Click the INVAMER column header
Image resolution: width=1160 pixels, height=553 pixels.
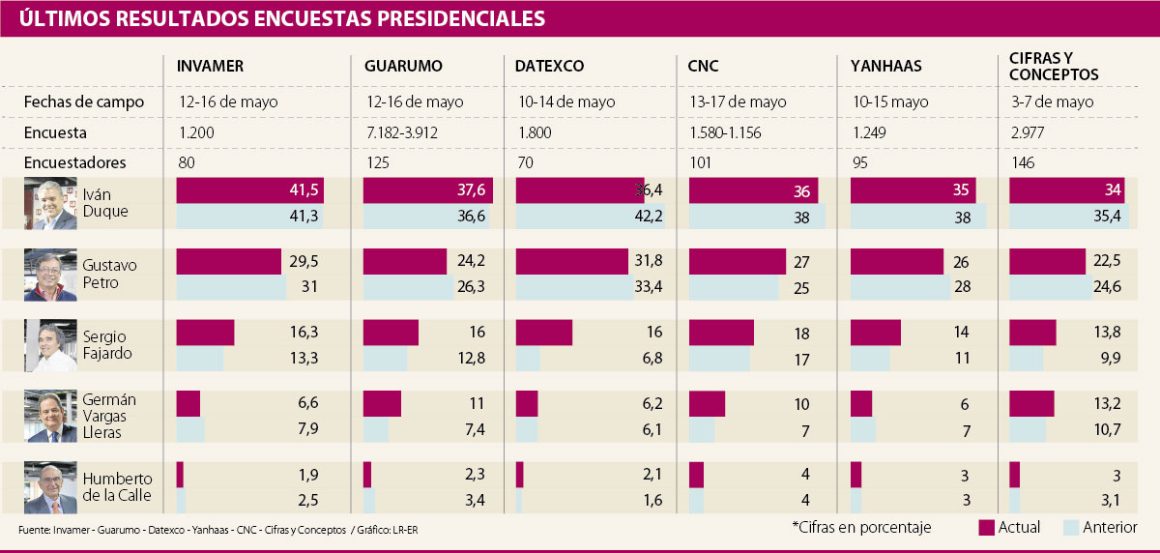pos(210,67)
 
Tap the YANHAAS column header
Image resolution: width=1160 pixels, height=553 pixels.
pos(885,67)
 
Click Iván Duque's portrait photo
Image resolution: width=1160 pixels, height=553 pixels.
pos(50,204)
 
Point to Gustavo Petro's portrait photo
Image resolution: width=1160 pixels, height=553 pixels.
pos(50,276)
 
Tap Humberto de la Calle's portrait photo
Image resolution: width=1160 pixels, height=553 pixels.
pos(50,487)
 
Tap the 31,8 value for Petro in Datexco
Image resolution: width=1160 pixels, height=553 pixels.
pos(648,262)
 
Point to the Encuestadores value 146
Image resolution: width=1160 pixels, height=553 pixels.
pos(1023,163)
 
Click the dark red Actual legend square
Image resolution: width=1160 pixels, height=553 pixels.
pos(987,527)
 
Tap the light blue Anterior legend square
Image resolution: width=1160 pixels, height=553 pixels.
pos(1071,527)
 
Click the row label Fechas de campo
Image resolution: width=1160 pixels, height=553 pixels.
pos(84,102)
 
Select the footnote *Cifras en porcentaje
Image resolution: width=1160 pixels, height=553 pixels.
pos(861,527)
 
